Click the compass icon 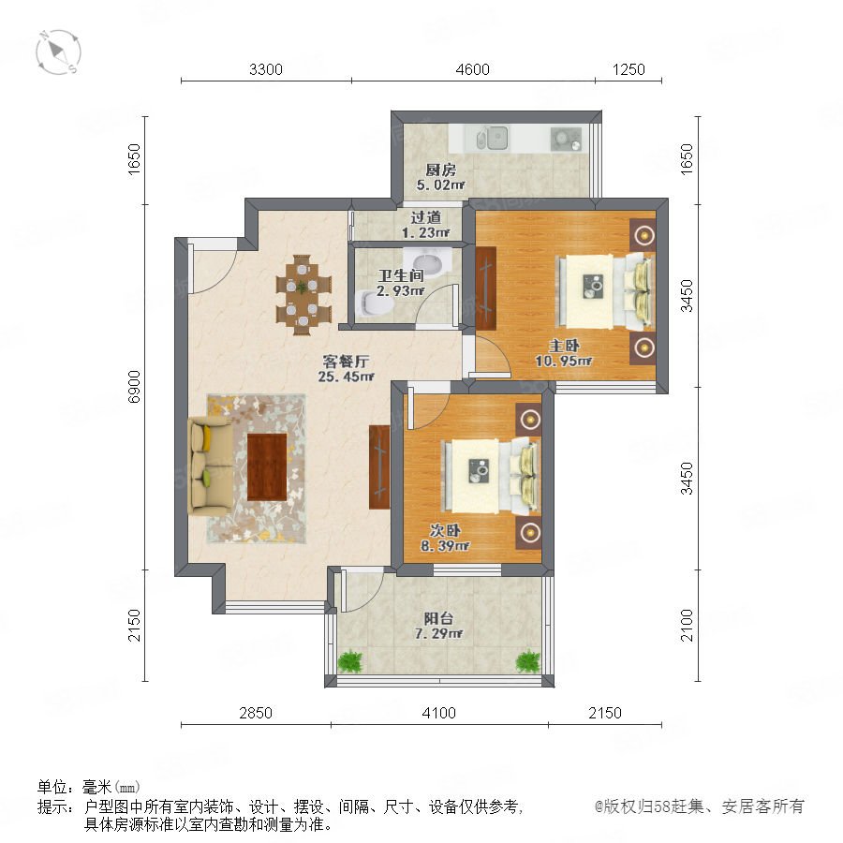[59, 52]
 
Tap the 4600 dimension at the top [473, 69]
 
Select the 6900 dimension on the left [134, 387]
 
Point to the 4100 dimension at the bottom [438, 713]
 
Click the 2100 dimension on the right [687, 625]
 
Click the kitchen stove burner [566, 139]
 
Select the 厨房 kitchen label [441, 170]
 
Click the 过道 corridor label [426, 217]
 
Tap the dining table [303, 295]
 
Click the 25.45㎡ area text [346, 377]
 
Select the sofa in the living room [210, 465]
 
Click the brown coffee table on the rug [267, 466]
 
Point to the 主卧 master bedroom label [564, 346]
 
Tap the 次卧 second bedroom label [445, 531]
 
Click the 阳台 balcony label [438, 618]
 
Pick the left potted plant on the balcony [350, 660]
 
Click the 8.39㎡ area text [445, 546]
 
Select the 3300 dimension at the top [266, 69]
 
